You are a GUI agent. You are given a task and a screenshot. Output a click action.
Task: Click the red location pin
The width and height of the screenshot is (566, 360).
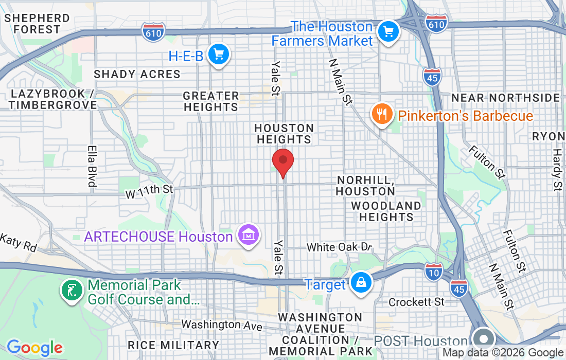(282, 162)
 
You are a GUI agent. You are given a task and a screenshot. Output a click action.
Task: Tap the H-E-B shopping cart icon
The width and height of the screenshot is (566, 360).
(219, 53)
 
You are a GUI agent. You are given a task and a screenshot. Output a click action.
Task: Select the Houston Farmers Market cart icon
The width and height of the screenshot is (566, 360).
(388, 32)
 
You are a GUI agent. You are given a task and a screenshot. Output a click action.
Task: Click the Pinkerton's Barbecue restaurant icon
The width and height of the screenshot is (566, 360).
(381, 114)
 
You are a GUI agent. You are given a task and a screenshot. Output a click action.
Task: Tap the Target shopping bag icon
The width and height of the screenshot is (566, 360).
(361, 282)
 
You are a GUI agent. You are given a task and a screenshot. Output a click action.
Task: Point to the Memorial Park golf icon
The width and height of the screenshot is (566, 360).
(72, 291)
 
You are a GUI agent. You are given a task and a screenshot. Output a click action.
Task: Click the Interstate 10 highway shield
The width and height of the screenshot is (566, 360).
(433, 272)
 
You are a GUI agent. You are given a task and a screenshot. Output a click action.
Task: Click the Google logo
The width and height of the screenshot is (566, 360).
(34, 348)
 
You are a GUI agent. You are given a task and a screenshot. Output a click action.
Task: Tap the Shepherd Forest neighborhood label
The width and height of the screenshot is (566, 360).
(37, 24)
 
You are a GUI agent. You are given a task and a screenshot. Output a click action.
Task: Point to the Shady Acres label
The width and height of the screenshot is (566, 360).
(137, 74)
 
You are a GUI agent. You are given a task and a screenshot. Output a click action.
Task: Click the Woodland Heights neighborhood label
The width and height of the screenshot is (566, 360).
(386, 211)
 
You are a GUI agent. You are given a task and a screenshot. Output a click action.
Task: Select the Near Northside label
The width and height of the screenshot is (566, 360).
(505, 98)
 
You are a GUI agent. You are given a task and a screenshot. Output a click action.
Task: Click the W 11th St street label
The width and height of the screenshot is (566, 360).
(149, 190)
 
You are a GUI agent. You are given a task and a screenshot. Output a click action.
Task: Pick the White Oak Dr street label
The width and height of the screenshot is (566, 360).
(339, 247)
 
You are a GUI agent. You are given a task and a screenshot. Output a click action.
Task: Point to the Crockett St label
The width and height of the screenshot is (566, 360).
(416, 301)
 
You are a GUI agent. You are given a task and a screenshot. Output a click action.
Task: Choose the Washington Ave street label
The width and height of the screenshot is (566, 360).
(221, 325)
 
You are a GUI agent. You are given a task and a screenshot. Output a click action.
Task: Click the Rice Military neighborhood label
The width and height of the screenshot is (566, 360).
(173, 345)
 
